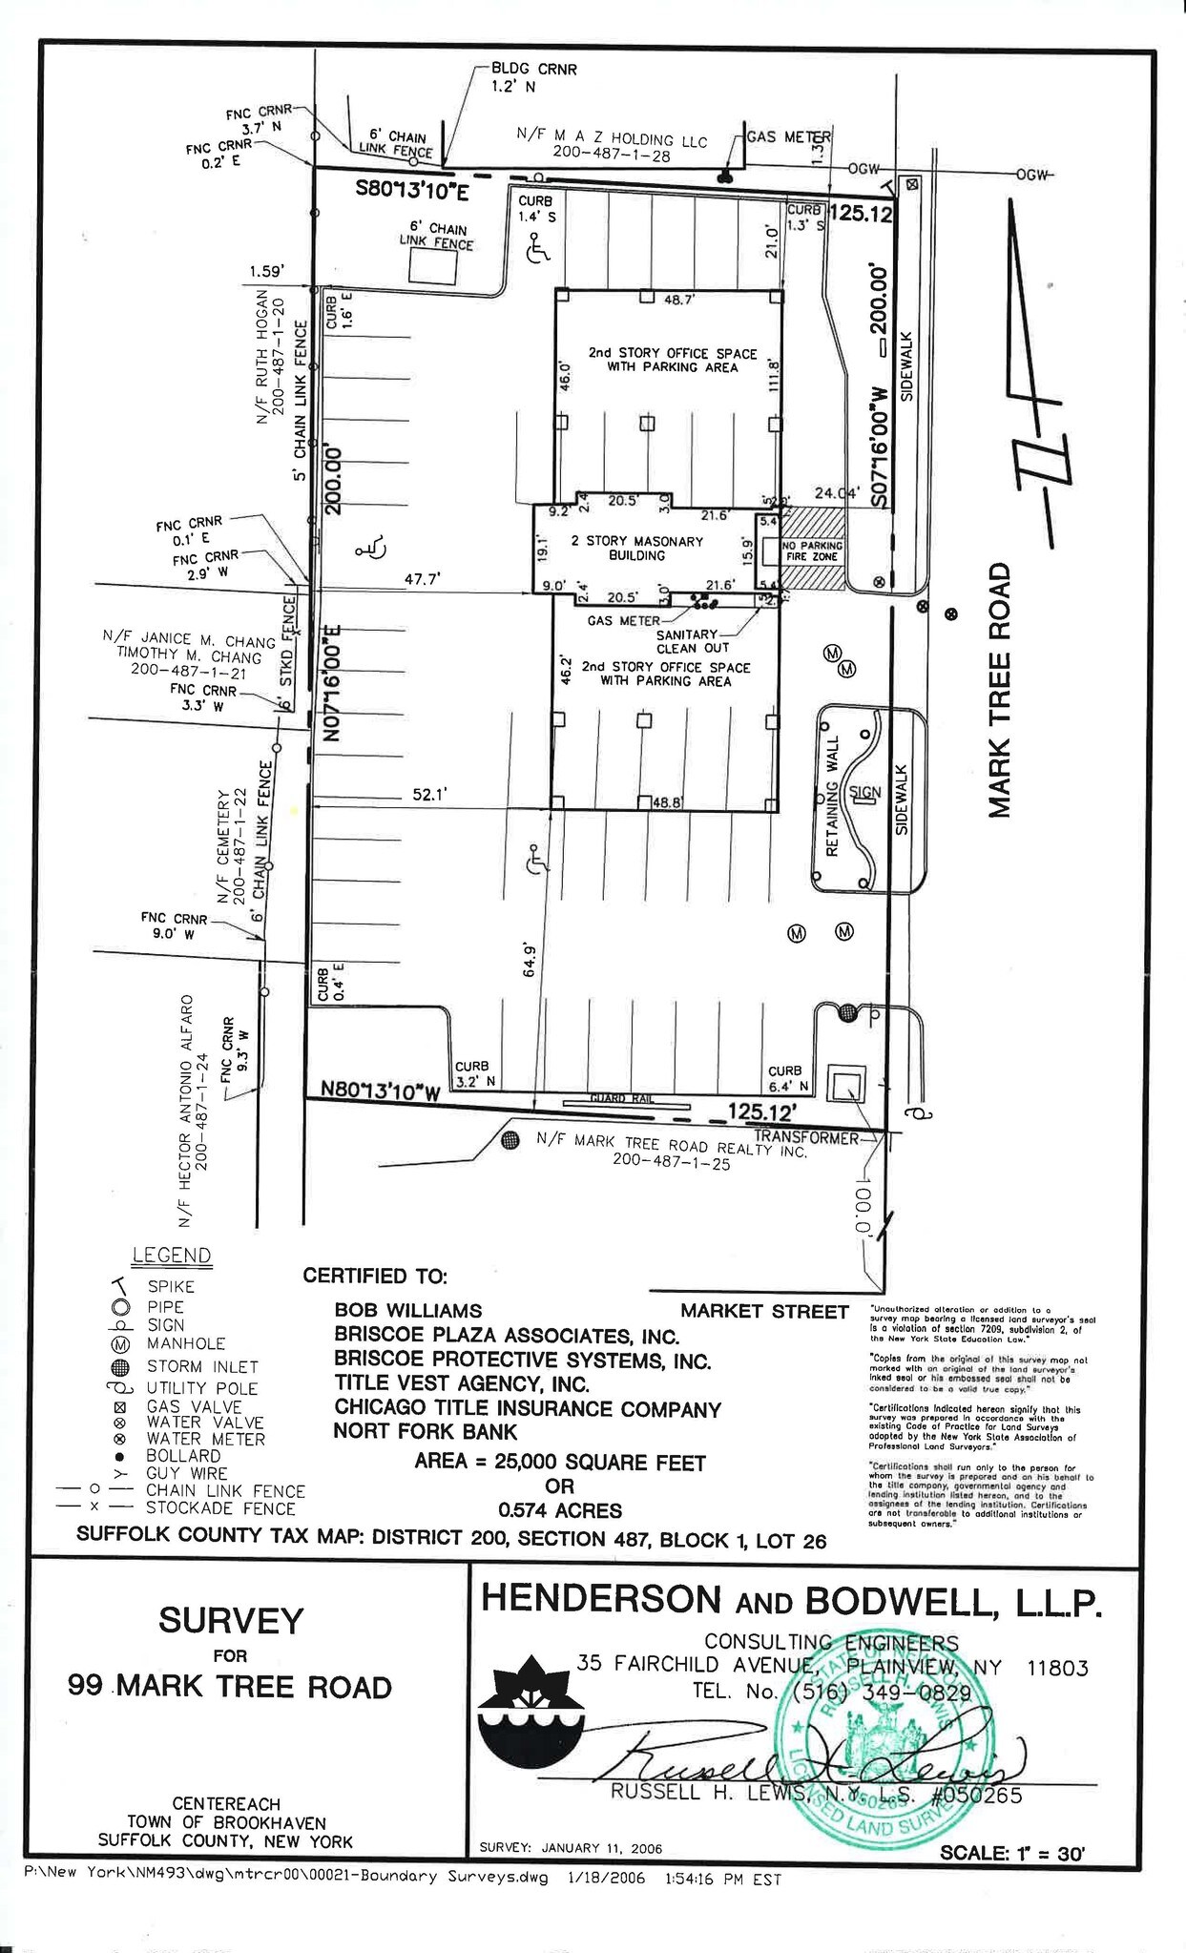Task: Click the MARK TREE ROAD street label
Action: click(998, 691)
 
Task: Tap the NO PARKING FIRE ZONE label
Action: click(811, 551)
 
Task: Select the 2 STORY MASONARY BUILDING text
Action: click(636, 548)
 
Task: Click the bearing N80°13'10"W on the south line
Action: click(380, 1091)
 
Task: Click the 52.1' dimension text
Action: click(430, 794)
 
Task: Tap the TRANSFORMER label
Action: click(806, 1137)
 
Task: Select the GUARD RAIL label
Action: click(620, 1099)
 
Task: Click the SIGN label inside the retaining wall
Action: click(864, 792)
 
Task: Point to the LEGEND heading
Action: click(172, 1256)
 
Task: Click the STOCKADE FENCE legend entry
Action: click(220, 1508)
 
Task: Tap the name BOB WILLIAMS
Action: click(407, 1311)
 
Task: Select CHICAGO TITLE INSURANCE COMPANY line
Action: click(527, 1408)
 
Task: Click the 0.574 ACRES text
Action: click(560, 1510)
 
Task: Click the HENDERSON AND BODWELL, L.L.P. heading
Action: click(791, 1600)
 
